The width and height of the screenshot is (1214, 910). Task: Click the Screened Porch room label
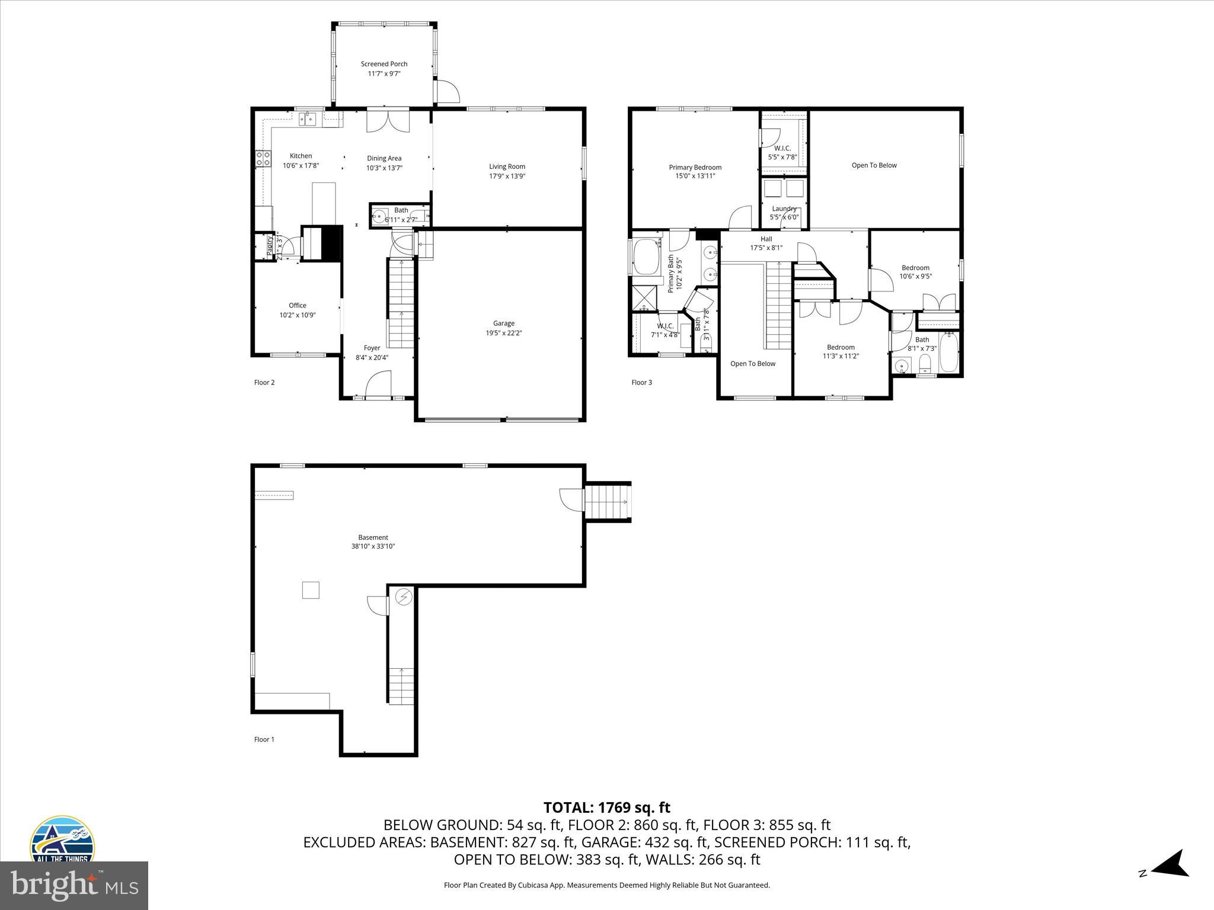384,64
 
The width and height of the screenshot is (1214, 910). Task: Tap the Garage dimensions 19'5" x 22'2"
503,333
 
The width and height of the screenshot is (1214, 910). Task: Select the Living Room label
507,166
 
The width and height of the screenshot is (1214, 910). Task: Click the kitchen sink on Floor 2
307,120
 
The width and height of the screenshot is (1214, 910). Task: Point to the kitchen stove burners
263,158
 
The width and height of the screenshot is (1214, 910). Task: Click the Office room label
298,306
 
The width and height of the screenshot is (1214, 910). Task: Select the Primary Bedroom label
695,168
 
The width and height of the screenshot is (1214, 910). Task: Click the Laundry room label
784,209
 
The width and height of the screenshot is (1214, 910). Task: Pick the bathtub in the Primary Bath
647,257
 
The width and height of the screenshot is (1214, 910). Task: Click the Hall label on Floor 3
766,239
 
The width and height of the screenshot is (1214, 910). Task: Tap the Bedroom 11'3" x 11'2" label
841,348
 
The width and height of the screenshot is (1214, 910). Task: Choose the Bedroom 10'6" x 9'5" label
915,268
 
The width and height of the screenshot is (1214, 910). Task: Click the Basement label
373,538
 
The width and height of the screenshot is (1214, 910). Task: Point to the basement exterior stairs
607,502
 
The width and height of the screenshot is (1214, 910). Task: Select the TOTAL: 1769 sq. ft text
606,808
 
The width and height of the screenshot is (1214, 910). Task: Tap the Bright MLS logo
74,886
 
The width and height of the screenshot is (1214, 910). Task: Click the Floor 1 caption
264,739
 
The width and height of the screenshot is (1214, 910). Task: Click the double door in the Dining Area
388,121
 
